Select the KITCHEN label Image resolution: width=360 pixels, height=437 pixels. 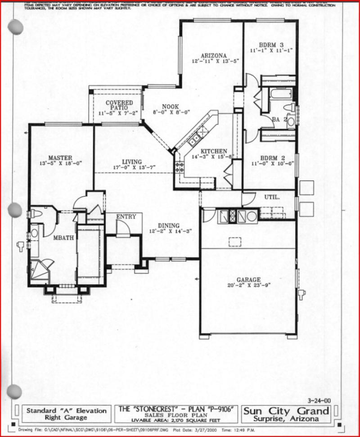tap(214, 151)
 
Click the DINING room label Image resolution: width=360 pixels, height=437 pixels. tap(168, 225)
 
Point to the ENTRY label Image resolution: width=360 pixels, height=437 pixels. tap(126, 217)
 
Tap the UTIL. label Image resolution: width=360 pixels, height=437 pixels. tap(272, 197)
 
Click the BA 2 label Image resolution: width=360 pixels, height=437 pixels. tap(279, 119)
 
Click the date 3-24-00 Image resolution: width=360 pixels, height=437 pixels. tap(320, 400)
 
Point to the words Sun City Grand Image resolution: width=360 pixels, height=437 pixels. tap(286, 410)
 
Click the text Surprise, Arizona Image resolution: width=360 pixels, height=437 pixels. tap(286, 419)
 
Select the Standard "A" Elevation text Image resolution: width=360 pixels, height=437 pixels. tap(67, 410)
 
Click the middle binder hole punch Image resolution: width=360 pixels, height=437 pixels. tap(15, 209)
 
